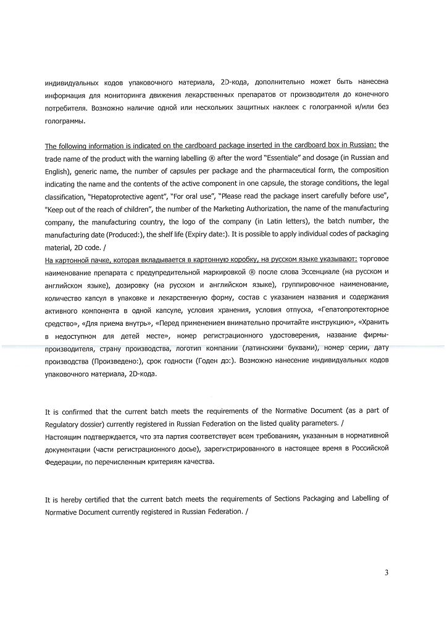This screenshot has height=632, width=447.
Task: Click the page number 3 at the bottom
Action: click(x=386, y=572)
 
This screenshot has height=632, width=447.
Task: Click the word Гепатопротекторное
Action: click(x=354, y=309)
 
